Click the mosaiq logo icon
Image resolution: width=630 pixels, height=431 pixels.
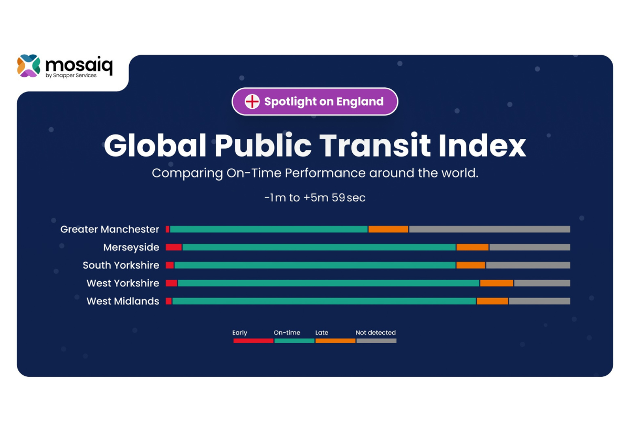(x=28, y=66)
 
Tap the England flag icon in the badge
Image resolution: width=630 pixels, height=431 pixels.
(x=253, y=101)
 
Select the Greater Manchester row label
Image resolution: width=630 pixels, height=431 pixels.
(x=110, y=229)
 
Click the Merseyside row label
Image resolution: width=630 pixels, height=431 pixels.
(x=131, y=247)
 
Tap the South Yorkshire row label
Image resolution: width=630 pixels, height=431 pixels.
(x=121, y=265)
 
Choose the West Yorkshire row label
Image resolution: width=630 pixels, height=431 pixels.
(x=123, y=283)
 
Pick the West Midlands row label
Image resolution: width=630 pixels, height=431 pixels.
(x=123, y=301)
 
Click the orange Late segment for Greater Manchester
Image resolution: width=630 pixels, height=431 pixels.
(x=388, y=229)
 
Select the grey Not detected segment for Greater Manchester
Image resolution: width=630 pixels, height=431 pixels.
(x=489, y=229)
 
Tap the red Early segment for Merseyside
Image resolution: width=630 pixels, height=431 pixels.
(x=174, y=247)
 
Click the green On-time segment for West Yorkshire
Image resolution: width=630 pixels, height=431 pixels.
(x=329, y=283)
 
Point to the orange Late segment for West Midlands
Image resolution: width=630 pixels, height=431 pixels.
(x=492, y=301)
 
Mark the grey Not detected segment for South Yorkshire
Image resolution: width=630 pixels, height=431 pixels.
(x=528, y=265)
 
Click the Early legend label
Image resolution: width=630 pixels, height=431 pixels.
(x=240, y=333)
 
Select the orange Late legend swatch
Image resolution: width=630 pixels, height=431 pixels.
(x=335, y=341)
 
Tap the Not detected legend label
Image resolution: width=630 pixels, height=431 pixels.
(x=375, y=333)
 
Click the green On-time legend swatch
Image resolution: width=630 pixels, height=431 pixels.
(x=295, y=341)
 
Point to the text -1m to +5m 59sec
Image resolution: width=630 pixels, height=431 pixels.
(x=315, y=198)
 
